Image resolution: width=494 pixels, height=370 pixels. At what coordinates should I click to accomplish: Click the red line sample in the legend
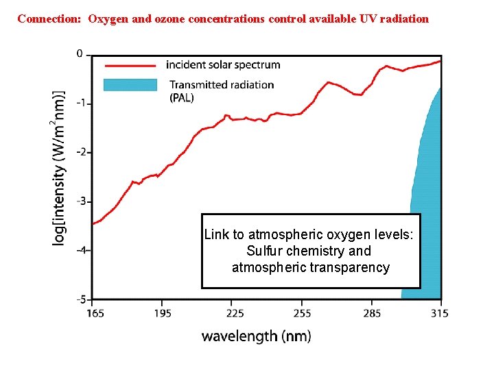click(x=130, y=66)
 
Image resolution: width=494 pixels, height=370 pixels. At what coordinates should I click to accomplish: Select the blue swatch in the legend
click(x=130, y=85)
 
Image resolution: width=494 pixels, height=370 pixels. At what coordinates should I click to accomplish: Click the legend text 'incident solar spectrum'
click(x=223, y=65)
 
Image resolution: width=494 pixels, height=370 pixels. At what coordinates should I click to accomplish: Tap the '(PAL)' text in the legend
click(x=182, y=97)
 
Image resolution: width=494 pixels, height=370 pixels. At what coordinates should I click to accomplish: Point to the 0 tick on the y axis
click(x=80, y=53)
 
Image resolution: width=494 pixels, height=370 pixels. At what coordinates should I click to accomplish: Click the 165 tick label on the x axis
click(x=95, y=313)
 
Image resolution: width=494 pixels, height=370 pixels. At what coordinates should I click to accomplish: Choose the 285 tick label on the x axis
click(x=371, y=313)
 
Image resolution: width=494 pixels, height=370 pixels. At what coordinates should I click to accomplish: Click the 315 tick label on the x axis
click(x=439, y=313)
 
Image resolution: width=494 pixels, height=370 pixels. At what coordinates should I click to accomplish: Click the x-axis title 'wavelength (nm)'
click(x=256, y=336)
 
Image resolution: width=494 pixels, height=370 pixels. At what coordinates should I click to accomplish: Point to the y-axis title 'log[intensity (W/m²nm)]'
click(x=60, y=167)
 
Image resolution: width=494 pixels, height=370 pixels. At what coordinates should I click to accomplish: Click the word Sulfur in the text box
click(x=266, y=251)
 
